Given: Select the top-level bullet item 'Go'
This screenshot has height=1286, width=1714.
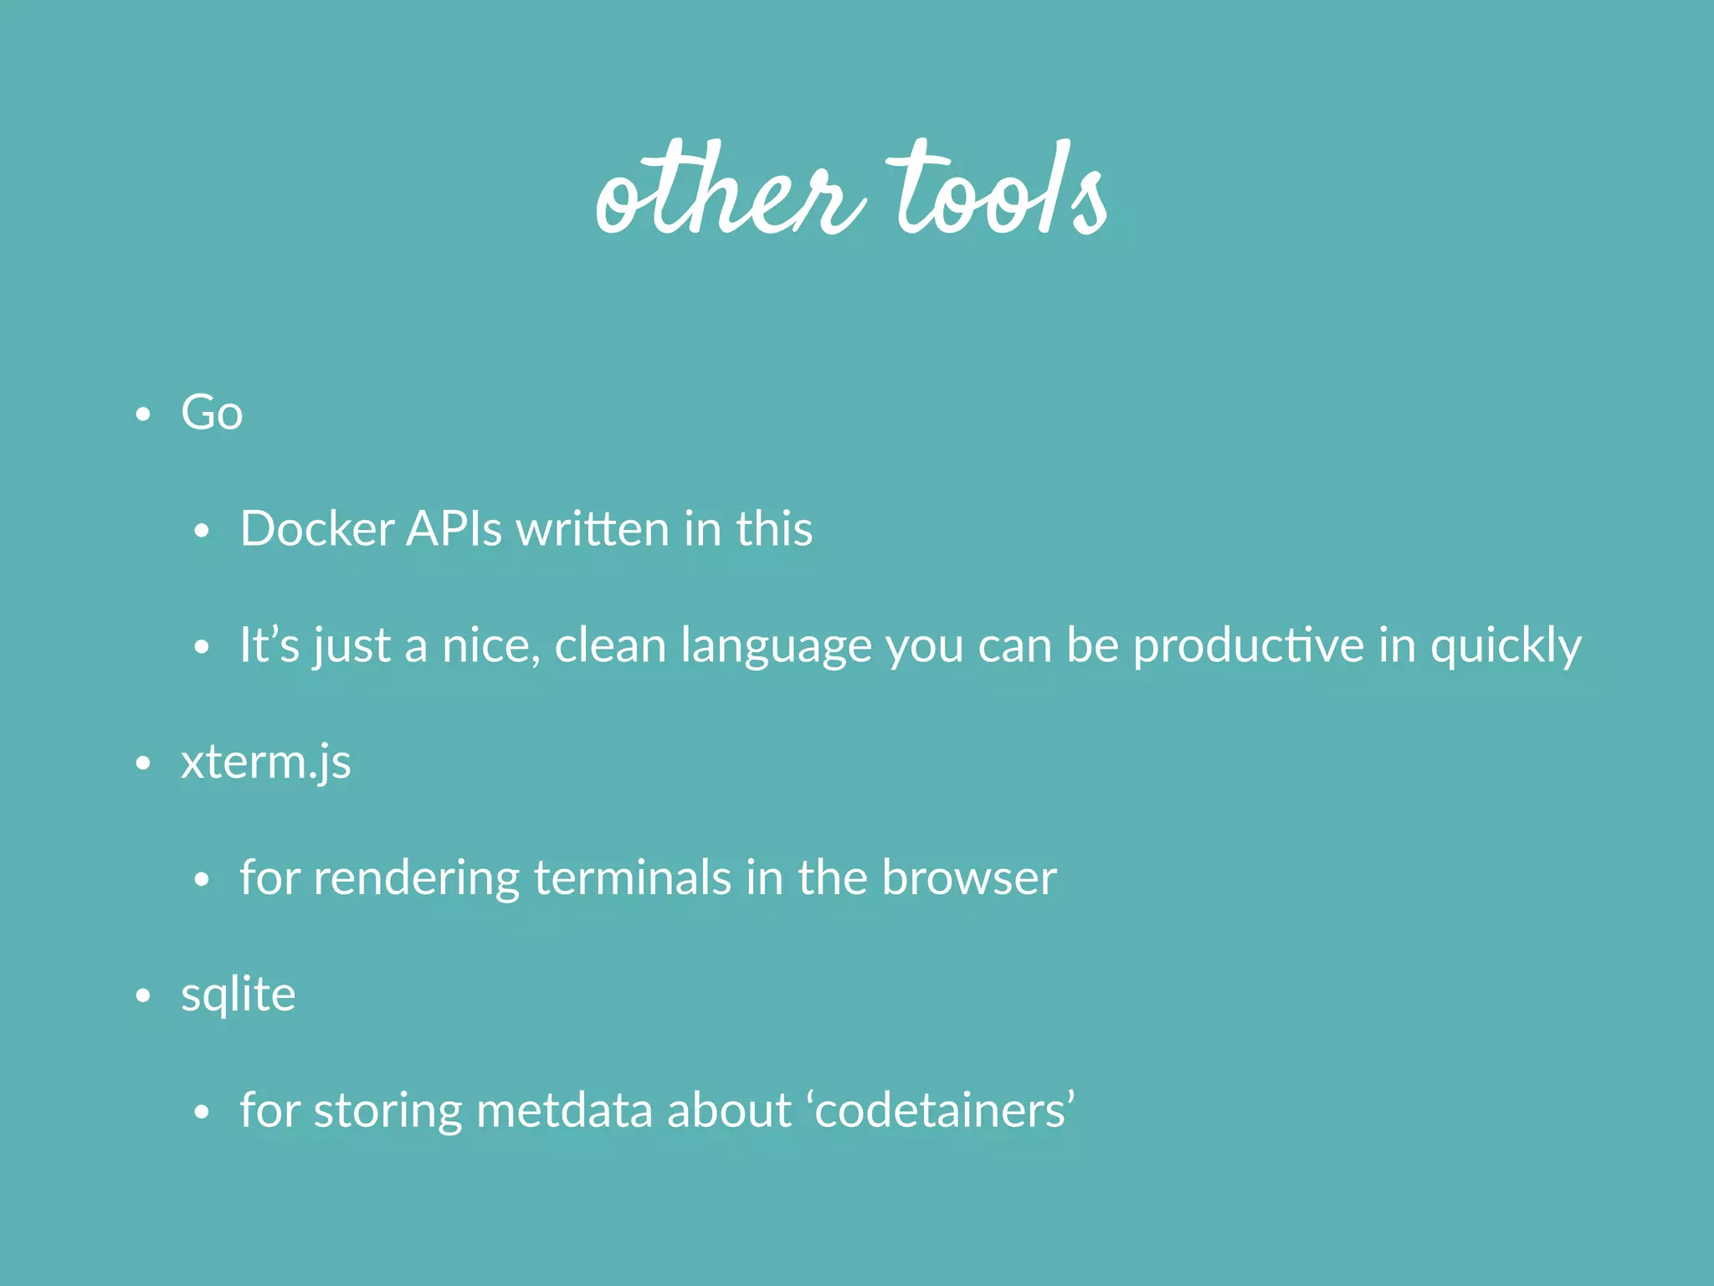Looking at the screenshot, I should coord(212,413).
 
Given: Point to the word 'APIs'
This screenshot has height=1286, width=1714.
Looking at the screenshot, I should coord(454,529).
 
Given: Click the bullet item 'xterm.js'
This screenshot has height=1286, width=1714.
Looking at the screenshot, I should coord(265,763).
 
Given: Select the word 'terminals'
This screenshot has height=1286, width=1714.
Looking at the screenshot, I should coord(632,878).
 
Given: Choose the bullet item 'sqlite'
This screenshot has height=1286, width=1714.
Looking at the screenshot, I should coord(238,995).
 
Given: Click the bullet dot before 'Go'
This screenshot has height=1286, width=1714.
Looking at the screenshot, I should coord(143,414).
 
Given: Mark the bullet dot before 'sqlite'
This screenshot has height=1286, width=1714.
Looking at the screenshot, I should coord(143,995).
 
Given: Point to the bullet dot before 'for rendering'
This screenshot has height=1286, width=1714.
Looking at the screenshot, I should coord(201,880).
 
